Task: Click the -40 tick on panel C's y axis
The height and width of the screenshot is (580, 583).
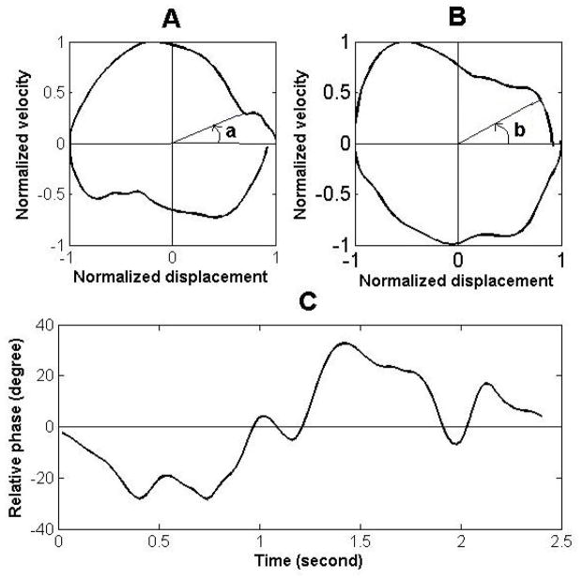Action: click(x=40, y=529)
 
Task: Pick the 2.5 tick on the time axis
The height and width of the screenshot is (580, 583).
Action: click(x=560, y=542)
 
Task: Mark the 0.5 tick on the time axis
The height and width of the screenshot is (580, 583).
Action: click(x=160, y=542)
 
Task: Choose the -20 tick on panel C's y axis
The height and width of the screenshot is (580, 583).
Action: click(x=40, y=478)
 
